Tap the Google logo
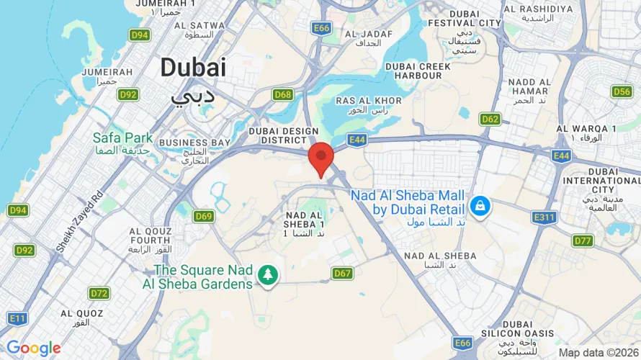coord(33,348)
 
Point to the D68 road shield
coord(283,94)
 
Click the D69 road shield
coord(204,216)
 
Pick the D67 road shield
coord(343,273)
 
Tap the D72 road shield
coord(99,293)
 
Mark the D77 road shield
coord(583,240)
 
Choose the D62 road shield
coord(490,119)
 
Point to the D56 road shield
coord(622,91)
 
